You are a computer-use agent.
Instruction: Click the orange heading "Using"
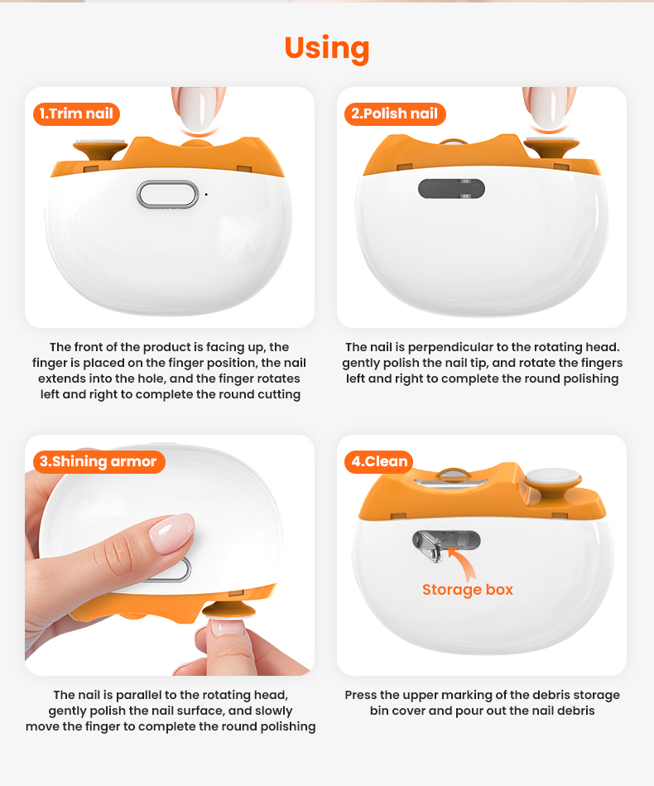click(x=327, y=49)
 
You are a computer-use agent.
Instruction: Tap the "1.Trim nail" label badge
click(x=77, y=113)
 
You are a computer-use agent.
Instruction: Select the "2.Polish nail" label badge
click(x=395, y=113)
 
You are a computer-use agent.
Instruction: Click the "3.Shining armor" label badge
click(x=99, y=461)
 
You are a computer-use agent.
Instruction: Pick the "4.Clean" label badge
click(x=379, y=461)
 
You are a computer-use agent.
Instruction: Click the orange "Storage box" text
click(x=468, y=590)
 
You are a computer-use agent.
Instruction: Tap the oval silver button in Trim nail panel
click(x=168, y=195)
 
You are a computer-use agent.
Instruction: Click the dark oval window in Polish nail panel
click(x=451, y=189)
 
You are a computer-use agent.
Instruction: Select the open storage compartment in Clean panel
click(x=446, y=544)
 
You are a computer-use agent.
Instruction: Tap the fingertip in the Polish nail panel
click(x=549, y=108)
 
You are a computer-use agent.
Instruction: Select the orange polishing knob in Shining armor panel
click(x=228, y=610)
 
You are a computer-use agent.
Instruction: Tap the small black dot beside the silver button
click(x=206, y=195)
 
